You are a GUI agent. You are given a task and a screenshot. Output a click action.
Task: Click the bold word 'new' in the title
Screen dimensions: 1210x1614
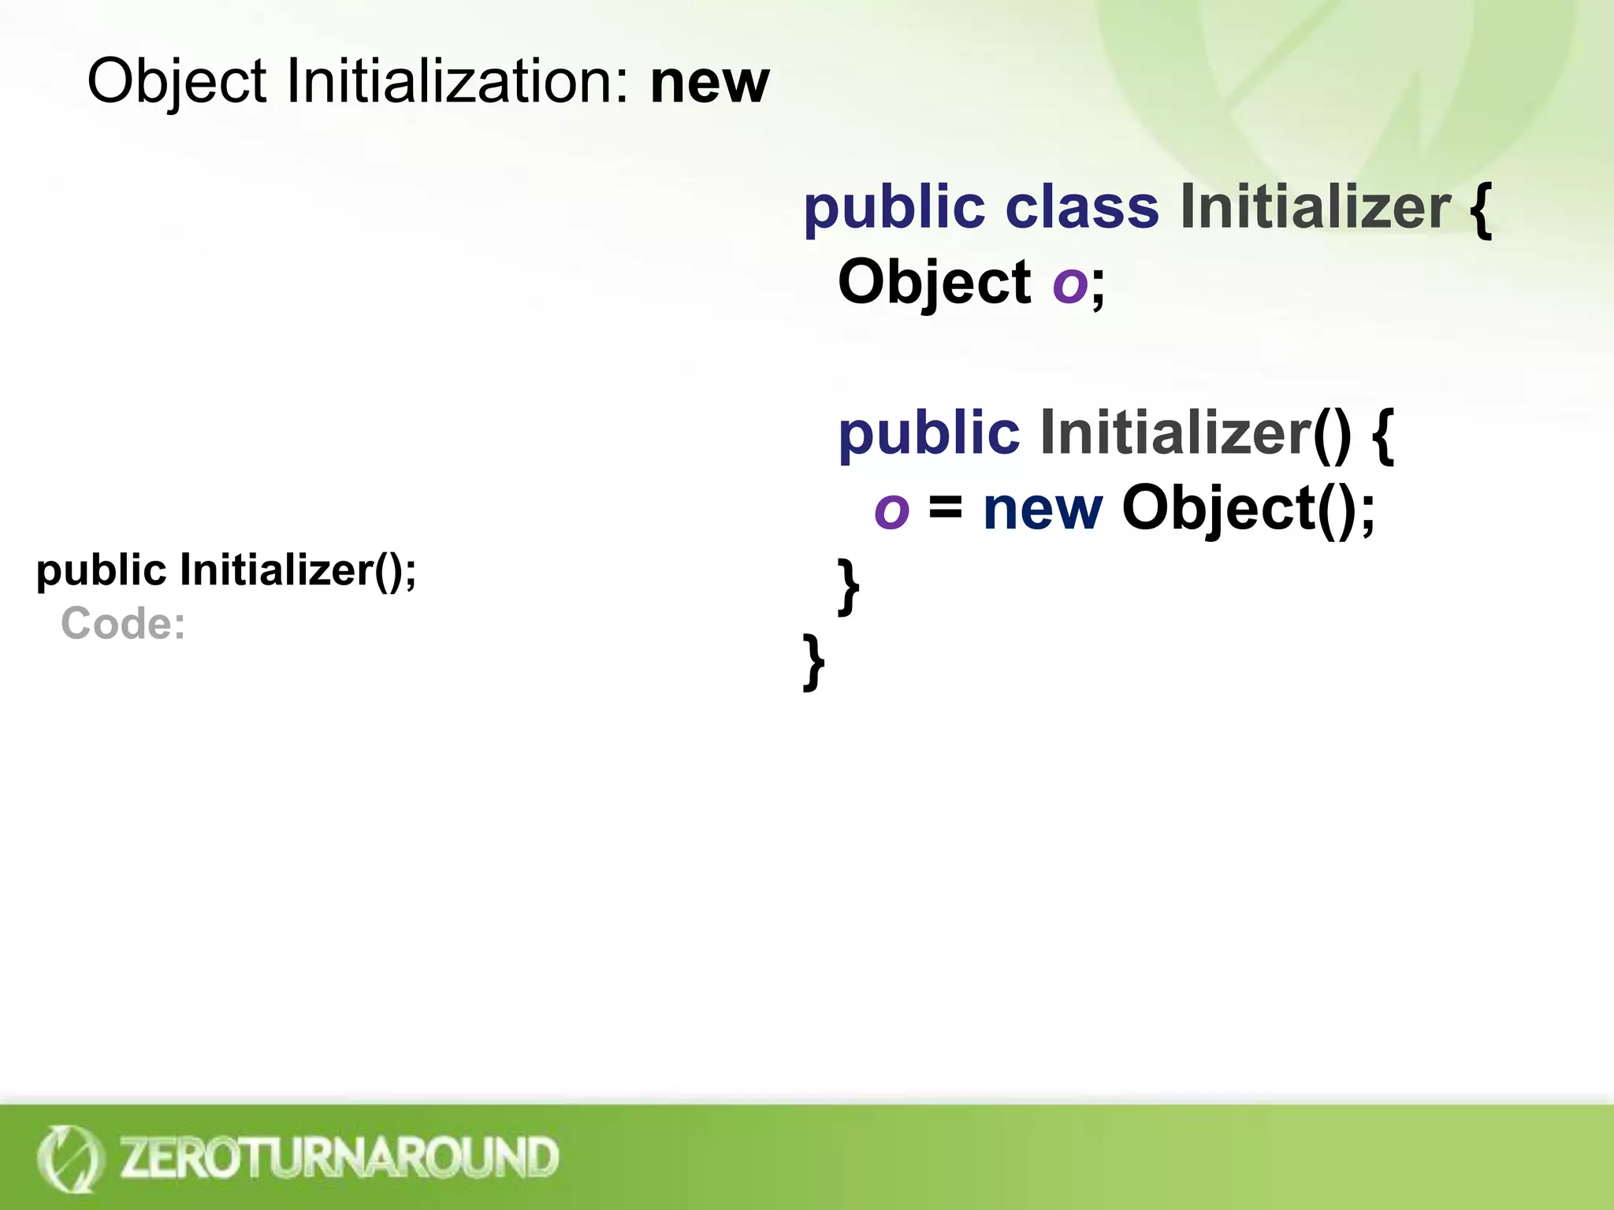tap(708, 82)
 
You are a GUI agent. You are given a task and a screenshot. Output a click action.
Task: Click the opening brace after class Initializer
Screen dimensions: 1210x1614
tap(1480, 209)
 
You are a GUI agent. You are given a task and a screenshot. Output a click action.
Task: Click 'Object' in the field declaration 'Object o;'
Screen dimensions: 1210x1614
tap(934, 283)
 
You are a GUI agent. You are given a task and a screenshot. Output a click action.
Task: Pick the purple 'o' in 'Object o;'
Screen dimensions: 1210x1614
tap(1069, 285)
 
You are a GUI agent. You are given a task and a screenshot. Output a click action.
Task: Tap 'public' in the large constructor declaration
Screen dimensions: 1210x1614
tap(928, 434)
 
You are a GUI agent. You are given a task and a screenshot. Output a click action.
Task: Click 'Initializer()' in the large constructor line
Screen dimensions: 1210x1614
tap(1195, 432)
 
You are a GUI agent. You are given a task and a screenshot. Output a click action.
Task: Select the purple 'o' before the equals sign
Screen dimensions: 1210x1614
tap(891, 510)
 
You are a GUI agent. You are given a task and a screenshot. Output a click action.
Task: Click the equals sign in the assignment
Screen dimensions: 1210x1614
tap(945, 508)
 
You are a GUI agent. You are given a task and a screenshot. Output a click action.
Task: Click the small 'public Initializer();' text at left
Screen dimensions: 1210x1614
tap(226, 570)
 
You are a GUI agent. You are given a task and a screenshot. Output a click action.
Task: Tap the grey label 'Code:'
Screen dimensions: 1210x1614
tap(123, 624)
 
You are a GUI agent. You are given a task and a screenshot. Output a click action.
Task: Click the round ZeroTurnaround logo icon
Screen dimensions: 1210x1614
tap(69, 1158)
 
